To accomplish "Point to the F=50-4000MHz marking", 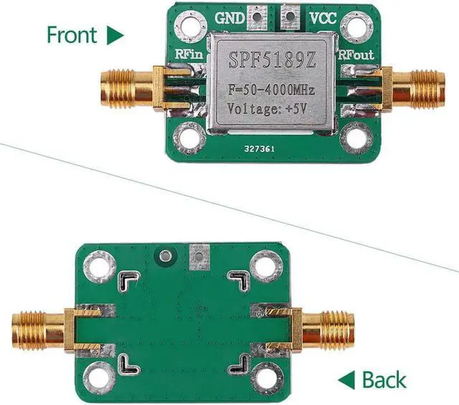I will point(268,90).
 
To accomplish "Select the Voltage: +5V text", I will point(268,110).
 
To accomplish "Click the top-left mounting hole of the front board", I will point(189,27).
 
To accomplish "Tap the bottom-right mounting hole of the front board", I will point(354,135).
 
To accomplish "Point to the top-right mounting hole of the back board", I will point(266,268).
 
